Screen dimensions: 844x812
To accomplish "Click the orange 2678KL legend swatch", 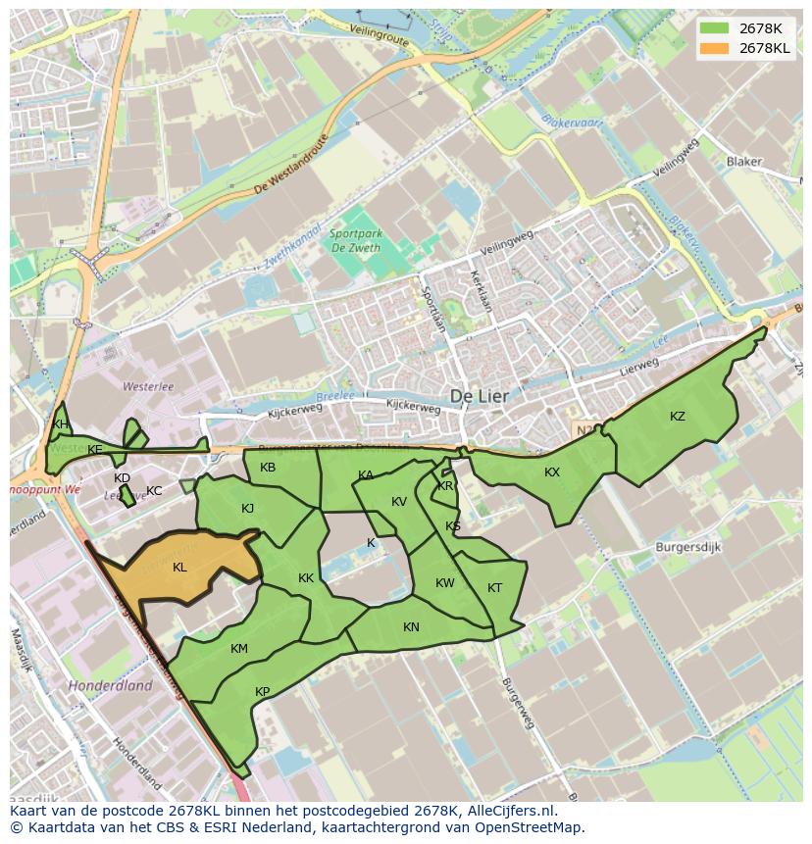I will (x=714, y=49).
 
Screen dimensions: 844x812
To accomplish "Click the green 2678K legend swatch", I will (x=714, y=28).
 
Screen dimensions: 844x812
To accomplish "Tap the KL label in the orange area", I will (x=179, y=568).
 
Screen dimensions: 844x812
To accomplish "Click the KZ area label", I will (x=678, y=417).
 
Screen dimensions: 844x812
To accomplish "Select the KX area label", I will (x=552, y=472).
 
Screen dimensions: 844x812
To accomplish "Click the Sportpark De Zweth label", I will (x=355, y=241).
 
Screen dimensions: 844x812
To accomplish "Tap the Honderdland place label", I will (x=110, y=686).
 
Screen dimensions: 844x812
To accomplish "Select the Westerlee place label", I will (x=148, y=387).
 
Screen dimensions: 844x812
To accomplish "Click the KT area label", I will (x=494, y=588).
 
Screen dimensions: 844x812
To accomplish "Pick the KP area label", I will (x=262, y=692).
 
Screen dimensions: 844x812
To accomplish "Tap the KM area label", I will (x=239, y=649).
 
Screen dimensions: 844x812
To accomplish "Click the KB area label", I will (x=268, y=468).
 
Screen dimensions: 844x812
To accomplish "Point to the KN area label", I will (x=411, y=627).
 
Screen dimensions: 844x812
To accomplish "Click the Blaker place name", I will (x=744, y=162).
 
